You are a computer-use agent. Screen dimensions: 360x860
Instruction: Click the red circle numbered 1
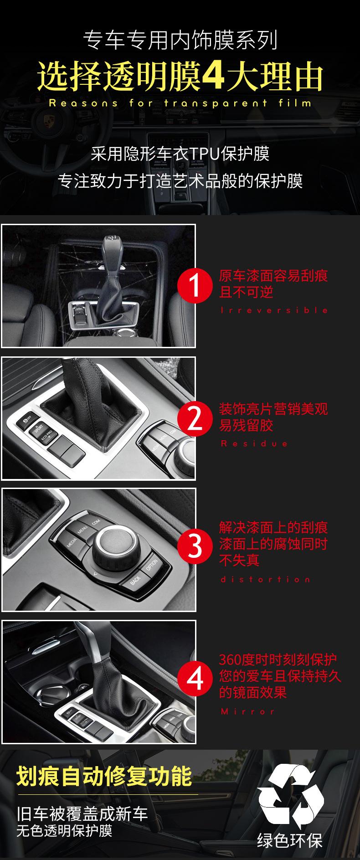195,286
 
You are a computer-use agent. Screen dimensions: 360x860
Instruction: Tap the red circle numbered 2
195,418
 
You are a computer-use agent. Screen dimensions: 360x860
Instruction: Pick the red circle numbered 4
195,678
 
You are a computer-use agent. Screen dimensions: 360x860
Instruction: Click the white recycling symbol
290,796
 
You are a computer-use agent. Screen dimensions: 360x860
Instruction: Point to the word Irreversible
274,310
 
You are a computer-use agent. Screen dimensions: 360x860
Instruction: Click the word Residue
254,443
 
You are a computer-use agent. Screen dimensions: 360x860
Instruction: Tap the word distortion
265,579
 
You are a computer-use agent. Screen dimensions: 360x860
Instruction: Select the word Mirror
248,711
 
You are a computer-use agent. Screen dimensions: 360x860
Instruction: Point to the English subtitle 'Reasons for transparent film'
180,103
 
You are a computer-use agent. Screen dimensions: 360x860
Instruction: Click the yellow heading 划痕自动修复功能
104,777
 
